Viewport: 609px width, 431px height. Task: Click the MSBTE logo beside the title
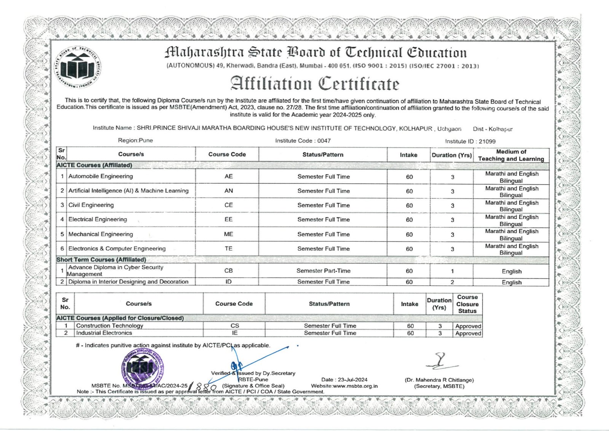pyautogui.click(x=78, y=67)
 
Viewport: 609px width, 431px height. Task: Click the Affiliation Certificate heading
pyautogui.click(x=314, y=84)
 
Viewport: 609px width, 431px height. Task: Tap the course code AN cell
pyautogui.click(x=228, y=191)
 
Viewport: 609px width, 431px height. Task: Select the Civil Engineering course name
pyautogui.click(x=91, y=205)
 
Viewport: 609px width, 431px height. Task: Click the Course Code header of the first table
pyautogui.click(x=227, y=154)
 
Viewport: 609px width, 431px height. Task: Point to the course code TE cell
pyautogui.click(x=228, y=249)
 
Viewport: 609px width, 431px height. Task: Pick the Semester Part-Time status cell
pyautogui.click(x=323, y=271)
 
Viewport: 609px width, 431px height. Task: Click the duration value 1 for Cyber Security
pyautogui.click(x=452, y=271)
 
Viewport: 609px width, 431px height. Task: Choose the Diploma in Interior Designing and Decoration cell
pyautogui.click(x=128, y=282)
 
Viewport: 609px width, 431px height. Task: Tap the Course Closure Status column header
pyautogui.click(x=467, y=304)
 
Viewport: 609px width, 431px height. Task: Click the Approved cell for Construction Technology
pyautogui.click(x=468, y=326)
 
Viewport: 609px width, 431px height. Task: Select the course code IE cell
pyautogui.click(x=234, y=333)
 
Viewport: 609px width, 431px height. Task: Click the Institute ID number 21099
pyautogui.click(x=487, y=141)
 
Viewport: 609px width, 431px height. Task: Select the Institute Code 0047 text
pyautogui.click(x=324, y=140)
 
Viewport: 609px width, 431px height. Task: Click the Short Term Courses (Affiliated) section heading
pyautogui.click(x=101, y=260)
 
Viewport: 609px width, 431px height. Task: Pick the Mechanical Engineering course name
pyautogui.click(x=100, y=234)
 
